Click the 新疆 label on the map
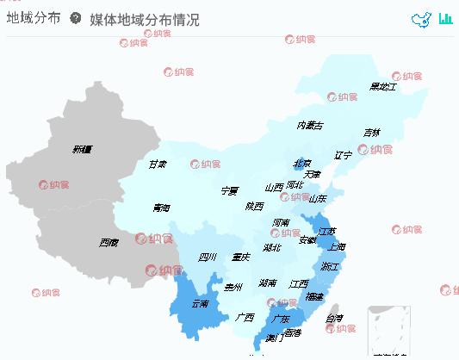click(x=82, y=150)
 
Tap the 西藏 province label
click(x=109, y=243)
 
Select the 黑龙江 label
click(x=382, y=86)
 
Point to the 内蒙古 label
click(x=310, y=126)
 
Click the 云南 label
click(x=200, y=304)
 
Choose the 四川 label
click(x=208, y=257)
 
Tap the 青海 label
click(x=161, y=208)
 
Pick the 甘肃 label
click(x=158, y=164)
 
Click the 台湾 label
click(x=334, y=319)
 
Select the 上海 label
click(x=337, y=247)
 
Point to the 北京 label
click(x=302, y=163)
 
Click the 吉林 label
click(x=371, y=133)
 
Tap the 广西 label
click(x=245, y=317)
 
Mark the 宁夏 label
click(x=229, y=190)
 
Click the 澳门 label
click(x=275, y=338)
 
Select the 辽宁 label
click(x=344, y=155)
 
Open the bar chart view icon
click(x=445, y=19)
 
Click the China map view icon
click(x=421, y=20)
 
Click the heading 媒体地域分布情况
click(x=145, y=20)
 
